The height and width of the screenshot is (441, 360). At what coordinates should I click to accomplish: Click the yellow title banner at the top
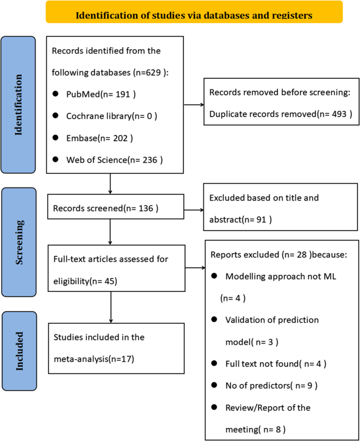pyautogui.click(x=194, y=13)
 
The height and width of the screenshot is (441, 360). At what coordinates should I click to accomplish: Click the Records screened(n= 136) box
pyautogui.click(x=115, y=208)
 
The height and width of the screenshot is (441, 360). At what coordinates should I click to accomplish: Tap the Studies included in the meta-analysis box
pyautogui.click(x=115, y=349)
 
